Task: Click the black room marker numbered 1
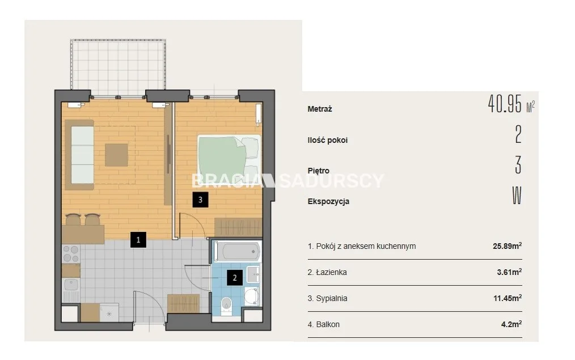(x=138, y=240)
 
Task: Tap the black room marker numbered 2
(x=235, y=278)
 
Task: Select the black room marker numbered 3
(x=200, y=200)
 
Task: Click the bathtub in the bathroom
(x=238, y=252)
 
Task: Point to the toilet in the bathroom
(x=226, y=306)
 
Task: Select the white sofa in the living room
(x=82, y=155)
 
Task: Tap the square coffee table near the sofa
(x=116, y=155)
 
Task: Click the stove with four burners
(x=71, y=254)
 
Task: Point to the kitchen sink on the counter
(x=71, y=285)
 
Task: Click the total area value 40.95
(x=505, y=104)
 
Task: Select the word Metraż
(x=320, y=109)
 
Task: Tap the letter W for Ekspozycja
(x=517, y=196)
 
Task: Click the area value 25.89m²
(x=507, y=246)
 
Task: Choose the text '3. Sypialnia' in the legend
(x=327, y=298)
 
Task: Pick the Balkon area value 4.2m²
(x=511, y=324)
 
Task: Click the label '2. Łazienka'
(x=327, y=272)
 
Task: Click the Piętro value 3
(x=518, y=165)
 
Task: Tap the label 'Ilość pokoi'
(x=327, y=140)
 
